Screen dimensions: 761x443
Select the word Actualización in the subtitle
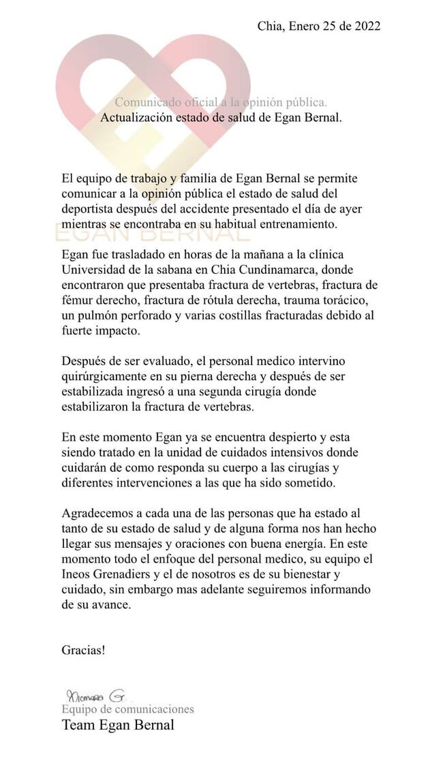[134, 117]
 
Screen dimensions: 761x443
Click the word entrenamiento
[284, 223]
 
